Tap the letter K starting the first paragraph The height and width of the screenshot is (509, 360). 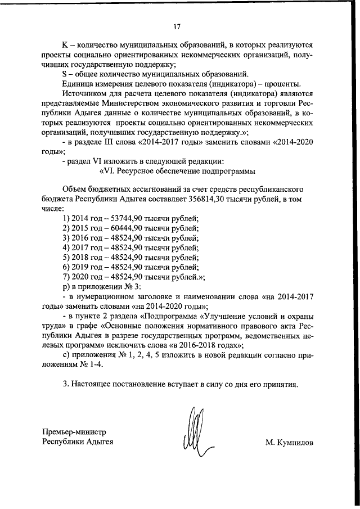pyautogui.click(x=65, y=44)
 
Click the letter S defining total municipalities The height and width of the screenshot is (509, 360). pyautogui.click(x=65, y=74)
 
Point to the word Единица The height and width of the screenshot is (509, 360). pyautogui.click(x=79, y=84)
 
